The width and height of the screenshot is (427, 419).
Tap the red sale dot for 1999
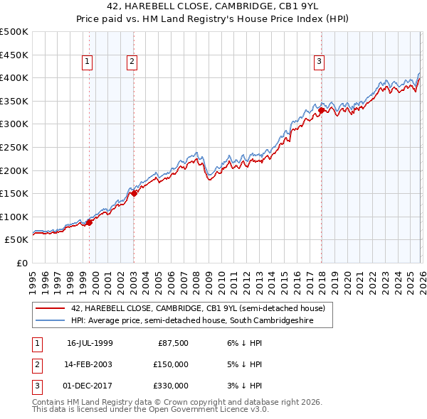(x=90, y=222)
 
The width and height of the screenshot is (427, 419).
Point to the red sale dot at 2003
(x=135, y=193)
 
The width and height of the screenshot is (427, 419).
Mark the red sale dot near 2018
(x=322, y=110)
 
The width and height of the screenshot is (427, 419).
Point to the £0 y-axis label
(x=21, y=263)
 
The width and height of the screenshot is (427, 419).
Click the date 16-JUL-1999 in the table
(x=90, y=344)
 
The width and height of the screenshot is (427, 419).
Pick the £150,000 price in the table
(x=171, y=364)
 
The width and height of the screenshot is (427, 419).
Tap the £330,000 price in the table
(x=171, y=386)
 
